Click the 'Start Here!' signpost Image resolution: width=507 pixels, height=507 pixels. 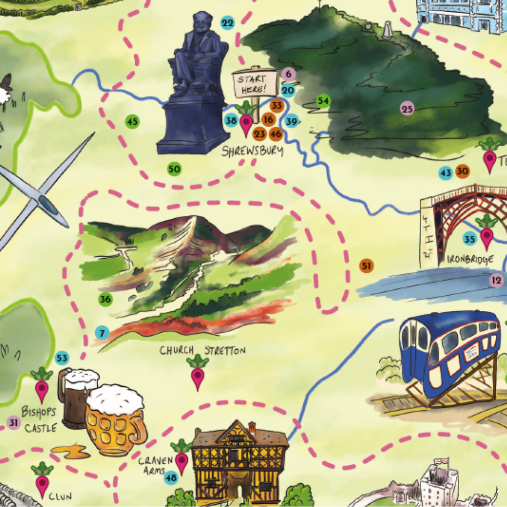255,84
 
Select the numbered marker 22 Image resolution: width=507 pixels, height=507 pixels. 227,23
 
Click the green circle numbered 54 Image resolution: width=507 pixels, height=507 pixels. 323,100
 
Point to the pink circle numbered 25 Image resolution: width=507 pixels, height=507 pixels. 407,109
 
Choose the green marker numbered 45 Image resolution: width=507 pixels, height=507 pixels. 132,122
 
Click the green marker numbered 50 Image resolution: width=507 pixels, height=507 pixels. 174,169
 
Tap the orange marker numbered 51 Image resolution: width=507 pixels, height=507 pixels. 366,266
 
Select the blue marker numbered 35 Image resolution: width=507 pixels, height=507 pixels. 469,239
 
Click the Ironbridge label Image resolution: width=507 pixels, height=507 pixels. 463,259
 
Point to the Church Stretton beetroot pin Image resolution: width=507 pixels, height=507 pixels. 198,373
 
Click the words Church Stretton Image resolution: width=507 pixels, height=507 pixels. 202,350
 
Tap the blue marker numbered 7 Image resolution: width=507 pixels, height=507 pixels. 102,333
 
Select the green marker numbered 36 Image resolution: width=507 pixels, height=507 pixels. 106,299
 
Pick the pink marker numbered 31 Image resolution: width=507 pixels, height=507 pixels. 14,423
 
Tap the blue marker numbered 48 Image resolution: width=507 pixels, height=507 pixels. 171,478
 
